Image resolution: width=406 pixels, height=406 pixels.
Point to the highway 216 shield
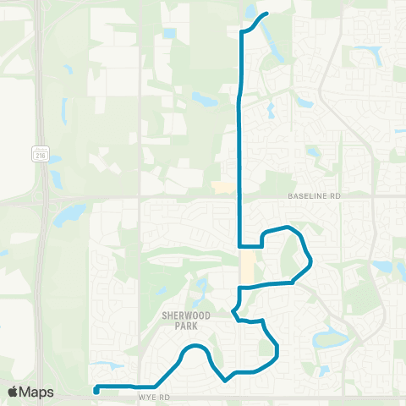40,154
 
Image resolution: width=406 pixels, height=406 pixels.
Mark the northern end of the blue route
266,14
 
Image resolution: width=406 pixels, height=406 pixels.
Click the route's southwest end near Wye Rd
96,390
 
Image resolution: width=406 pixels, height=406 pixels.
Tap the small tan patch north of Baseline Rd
225,187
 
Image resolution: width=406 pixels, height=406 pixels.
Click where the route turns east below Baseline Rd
241,246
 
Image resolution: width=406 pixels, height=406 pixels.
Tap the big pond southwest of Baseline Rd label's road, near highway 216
68,215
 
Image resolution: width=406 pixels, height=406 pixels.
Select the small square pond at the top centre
170,34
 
